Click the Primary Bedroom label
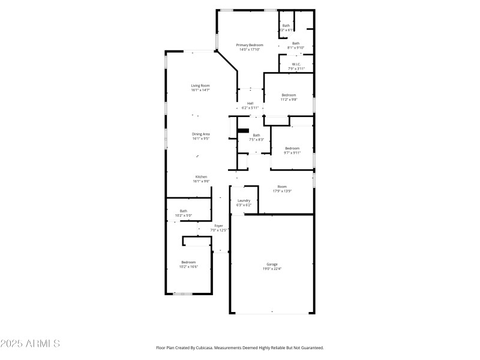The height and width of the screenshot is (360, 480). [x=249, y=45]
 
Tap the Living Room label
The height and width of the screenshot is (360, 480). [x=200, y=86]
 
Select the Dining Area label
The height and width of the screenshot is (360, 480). [x=200, y=134]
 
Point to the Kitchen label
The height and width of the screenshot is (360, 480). [x=200, y=176]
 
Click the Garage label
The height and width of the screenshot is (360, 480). [x=272, y=264]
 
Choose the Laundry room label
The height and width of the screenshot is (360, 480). [x=244, y=200]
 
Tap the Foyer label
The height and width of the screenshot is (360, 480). [x=218, y=226]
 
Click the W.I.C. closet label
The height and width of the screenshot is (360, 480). [x=296, y=64]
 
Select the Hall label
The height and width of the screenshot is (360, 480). [x=250, y=103]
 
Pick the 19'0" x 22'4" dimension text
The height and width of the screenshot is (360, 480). [x=272, y=269]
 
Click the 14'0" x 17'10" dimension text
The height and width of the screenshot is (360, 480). [x=249, y=50]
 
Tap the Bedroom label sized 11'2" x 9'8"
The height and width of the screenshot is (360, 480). [x=289, y=95]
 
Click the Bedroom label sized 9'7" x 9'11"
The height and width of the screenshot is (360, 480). [x=292, y=148]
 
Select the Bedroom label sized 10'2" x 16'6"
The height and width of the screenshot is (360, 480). [x=188, y=262]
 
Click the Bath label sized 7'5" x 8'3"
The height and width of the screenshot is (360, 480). [x=256, y=135]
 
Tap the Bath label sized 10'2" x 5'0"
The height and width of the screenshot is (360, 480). [x=183, y=211]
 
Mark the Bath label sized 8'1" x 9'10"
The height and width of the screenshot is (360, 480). [x=296, y=43]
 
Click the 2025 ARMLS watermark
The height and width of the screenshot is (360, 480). [x=30, y=344]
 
